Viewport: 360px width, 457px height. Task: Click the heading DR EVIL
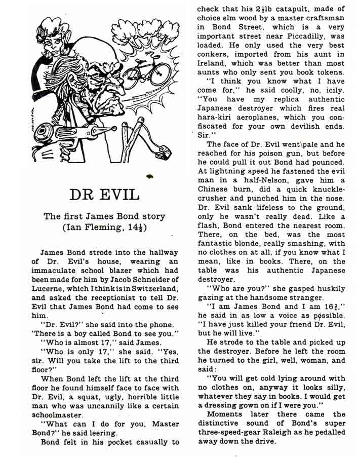pyautogui.click(x=104, y=194)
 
